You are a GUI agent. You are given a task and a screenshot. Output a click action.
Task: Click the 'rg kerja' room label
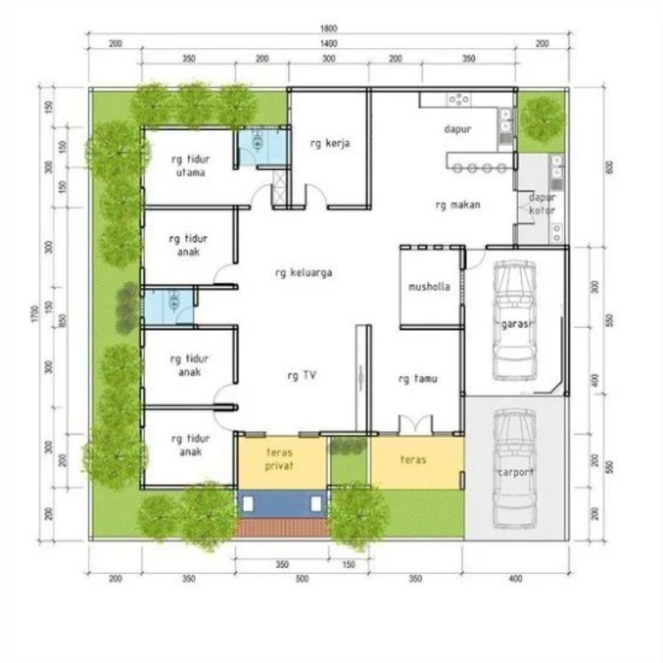click(330, 143)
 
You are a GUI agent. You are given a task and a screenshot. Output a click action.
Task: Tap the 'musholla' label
click(429, 287)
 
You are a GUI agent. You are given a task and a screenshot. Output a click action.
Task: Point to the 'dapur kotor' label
click(542, 204)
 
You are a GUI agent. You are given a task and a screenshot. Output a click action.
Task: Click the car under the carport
click(515, 467)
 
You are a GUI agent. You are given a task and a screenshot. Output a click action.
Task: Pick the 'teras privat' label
click(280, 459)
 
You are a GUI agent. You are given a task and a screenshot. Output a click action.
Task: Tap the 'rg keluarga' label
click(303, 272)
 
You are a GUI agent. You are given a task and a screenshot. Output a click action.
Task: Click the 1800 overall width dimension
click(329, 28)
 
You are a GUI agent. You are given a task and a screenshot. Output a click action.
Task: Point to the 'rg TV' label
click(302, 375)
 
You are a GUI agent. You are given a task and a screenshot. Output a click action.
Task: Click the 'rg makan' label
click(457, 205)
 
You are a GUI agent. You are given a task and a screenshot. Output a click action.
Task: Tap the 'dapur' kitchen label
click(457, 129)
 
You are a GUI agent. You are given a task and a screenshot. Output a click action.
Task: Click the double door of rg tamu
click(415, 425)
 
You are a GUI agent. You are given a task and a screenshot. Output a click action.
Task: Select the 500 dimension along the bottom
click(302, 579)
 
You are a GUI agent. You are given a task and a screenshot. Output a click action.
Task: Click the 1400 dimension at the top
click(329, 43)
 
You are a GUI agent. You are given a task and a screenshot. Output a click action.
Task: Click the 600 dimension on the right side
click(609, 168)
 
